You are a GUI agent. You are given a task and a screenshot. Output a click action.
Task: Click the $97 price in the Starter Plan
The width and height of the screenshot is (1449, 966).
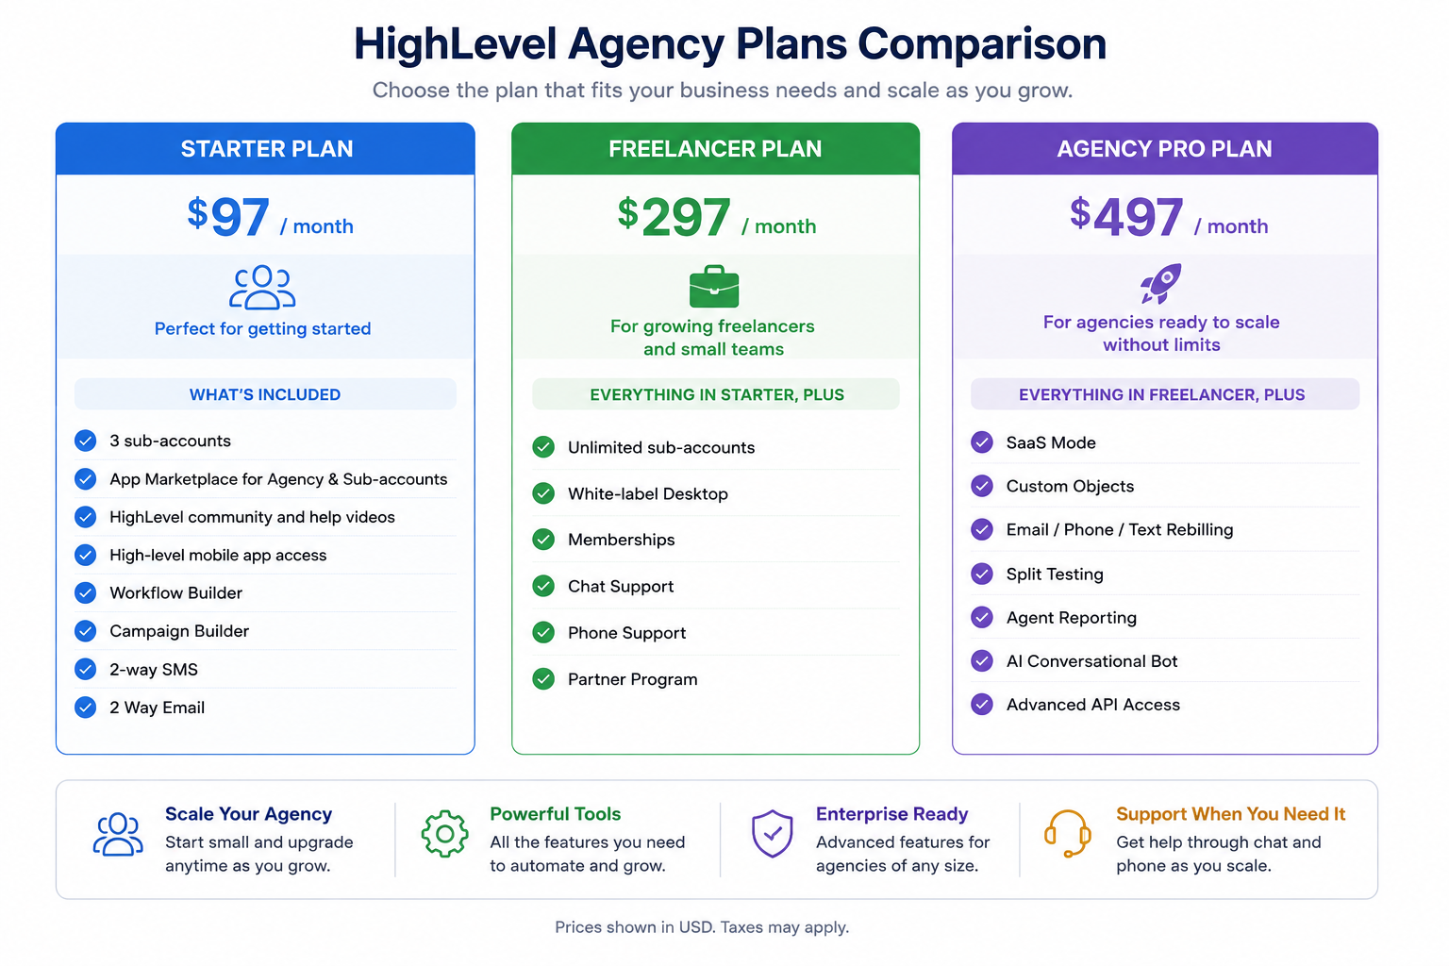pyautogui.click(x=228, y=216)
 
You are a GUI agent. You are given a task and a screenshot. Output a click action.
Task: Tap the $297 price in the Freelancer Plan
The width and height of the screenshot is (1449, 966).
pyautogui.click(x=675, y=216)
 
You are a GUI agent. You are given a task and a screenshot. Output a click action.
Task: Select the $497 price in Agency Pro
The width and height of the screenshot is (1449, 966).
pyautogui.click(x=1126, y=216)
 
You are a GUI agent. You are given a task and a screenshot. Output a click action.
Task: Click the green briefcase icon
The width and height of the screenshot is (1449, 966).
pyautogui.click(x=714, y=286)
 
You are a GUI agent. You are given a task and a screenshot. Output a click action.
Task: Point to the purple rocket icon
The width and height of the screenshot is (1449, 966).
pyautogui.click(x=1161, y=283)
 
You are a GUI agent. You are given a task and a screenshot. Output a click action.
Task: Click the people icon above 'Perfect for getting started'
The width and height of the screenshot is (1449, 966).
pyautogui.click(x=262, y=288)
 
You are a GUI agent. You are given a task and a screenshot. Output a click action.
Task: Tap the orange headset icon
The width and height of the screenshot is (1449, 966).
pyautogui.click(x=1067, y=833)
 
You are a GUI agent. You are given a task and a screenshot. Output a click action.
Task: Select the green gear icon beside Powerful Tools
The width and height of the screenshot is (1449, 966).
pyautogui.click(x=444, y=834)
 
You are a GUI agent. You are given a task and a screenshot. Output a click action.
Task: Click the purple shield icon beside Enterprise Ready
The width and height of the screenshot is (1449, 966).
pyautogui.click(x=773, y=833)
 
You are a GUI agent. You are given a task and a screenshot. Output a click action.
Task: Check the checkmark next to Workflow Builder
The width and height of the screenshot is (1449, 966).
pyautogui.click(x=86, y=592)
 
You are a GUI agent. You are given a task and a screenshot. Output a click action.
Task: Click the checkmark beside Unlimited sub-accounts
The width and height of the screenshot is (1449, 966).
pyautogui.click(x=543, y=447)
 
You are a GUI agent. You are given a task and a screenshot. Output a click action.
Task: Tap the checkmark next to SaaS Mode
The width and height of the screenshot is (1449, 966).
pyautogui.click(x=982, y=442)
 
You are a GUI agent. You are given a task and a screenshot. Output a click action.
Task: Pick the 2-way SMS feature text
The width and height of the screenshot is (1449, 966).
pyautogui.click(x=154, y=669)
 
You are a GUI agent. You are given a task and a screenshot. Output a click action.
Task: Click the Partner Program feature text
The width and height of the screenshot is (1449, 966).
pyautogui.click(x=633, y=679)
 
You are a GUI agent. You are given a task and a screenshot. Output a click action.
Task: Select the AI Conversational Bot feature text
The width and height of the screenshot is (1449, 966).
pyautogui.click(x=1091, y=661)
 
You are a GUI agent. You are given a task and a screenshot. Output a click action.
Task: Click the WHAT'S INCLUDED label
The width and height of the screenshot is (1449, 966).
pyautogui.click(x=265, y=394)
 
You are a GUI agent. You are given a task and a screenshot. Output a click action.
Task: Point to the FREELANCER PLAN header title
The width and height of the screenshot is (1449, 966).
pyautogui.click(x=715, y=149)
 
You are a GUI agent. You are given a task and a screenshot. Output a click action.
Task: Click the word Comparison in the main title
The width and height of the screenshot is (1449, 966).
pyautogui.click(x=982, y=45)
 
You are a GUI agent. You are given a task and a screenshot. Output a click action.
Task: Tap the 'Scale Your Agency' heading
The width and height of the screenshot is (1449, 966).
pyautogui.click(x=248, y=814)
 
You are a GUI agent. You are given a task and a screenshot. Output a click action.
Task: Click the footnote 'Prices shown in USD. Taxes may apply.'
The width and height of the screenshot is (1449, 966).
pyautogui.click(x=702, y=927)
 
